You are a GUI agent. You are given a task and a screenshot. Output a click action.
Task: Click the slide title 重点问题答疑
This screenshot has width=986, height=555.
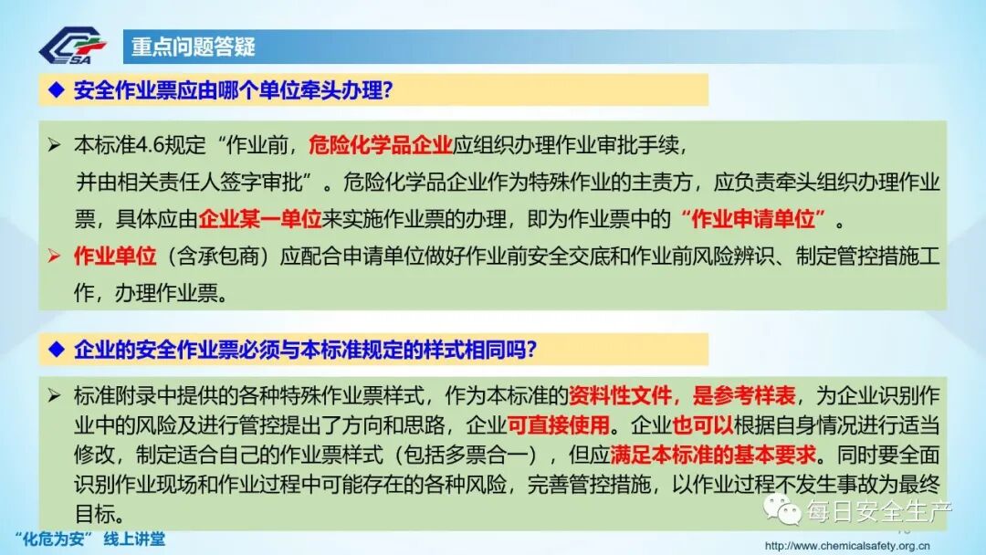coord(193,47)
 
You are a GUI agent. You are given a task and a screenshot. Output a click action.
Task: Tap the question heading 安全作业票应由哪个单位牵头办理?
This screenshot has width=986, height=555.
coord(233,89)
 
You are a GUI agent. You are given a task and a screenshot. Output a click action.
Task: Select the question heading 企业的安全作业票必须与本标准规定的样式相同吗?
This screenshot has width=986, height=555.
coord(305,350)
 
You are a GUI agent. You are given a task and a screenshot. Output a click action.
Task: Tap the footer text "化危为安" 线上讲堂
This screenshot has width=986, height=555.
coord(90,539)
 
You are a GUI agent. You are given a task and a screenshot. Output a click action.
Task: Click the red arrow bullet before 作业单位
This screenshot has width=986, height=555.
coord(55,257)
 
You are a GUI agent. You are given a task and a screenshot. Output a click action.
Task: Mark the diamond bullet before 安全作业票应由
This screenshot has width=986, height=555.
coord(56,89)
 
